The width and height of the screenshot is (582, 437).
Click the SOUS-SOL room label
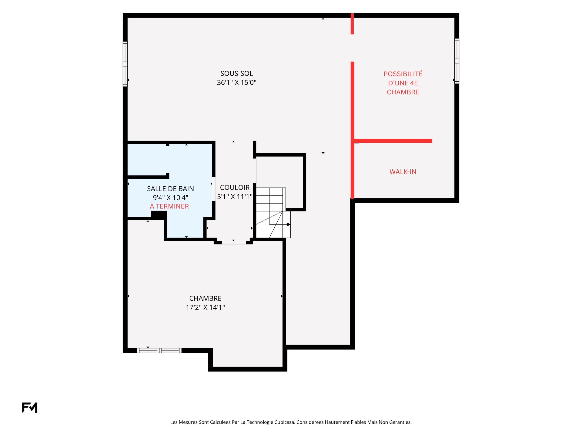click(x=236, y=73)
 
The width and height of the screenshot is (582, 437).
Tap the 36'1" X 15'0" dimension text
click(x=236, y=83)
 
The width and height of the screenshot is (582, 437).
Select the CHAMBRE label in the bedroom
click(x=205, y=298)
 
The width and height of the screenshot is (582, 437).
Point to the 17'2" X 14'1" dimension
click(x=205, y=307)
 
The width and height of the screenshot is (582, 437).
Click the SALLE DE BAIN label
click(x=170, y=189)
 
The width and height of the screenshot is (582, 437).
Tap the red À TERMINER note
click(x=169, y=206)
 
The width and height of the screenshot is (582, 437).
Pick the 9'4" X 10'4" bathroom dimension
click(x=170, y=198)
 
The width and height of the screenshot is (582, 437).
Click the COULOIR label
click(x=235, y=188)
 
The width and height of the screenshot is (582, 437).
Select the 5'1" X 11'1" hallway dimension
click(x=235, y=197)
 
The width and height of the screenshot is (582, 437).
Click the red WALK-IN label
click(x=403, y=172)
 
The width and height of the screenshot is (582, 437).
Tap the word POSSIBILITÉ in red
click(x=403, y=74)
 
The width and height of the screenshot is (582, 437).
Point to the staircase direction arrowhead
click(x=289, y=225)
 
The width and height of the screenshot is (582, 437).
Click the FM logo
click(x=30, y=408)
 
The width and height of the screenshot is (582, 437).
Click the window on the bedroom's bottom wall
click(x=159, y=351)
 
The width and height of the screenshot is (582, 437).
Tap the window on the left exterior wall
click(x=125, y=64)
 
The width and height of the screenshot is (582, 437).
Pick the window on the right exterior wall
click(x=457, y=61)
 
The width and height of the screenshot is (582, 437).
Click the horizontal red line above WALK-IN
click(x=393, y=141)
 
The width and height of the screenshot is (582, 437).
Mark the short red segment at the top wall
click(x=352, y=24)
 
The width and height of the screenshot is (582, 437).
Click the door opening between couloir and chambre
click(x=234, y=242)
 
